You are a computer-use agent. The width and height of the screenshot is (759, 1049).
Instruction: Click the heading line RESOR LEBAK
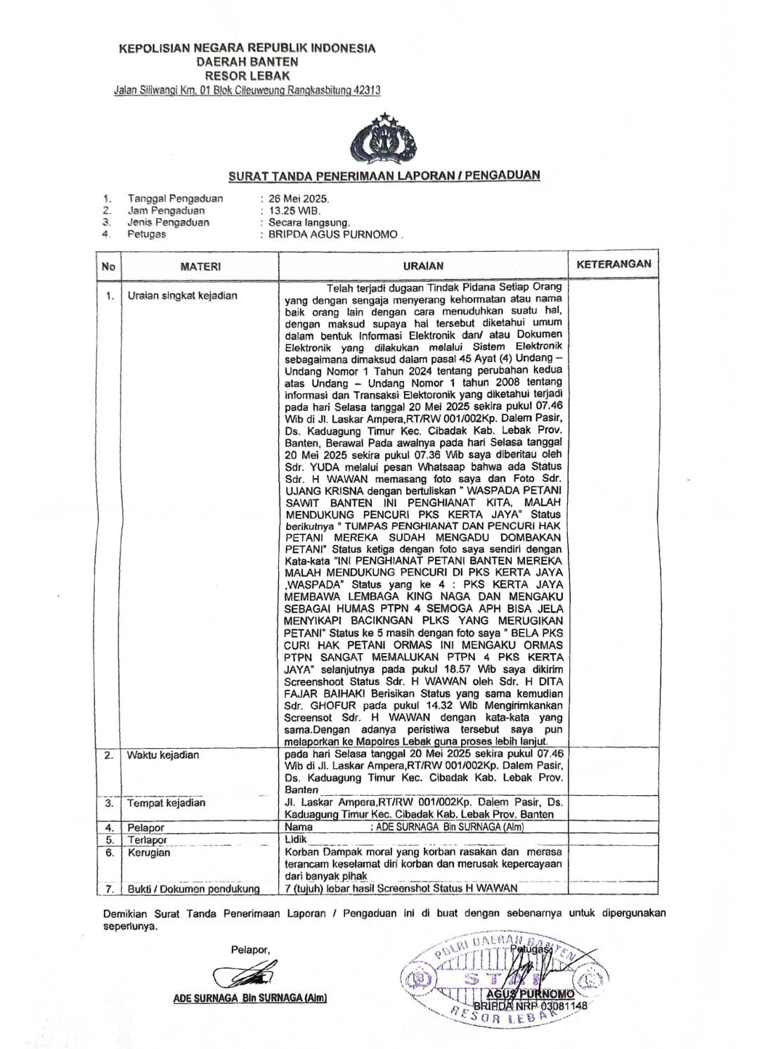click(247, 75)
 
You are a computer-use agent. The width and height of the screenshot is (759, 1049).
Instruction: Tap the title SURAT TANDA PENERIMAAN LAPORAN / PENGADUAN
click(384, 175)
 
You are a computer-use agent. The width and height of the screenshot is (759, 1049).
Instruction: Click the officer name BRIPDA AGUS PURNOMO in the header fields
click(333, 234)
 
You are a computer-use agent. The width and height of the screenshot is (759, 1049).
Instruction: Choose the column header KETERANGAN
click(614, 264)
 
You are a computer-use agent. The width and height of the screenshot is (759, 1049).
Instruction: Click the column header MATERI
click(200, 266)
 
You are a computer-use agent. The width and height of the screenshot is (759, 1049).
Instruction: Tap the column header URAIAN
click(423, 266)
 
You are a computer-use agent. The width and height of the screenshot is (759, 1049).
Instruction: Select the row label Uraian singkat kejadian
click(182, 295)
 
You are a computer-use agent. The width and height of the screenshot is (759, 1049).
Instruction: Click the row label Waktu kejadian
click(163, 755)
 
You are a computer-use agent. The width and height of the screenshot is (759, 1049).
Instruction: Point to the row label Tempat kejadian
click(166, 802)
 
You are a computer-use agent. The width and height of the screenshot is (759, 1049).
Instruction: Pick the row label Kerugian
click(148, 852)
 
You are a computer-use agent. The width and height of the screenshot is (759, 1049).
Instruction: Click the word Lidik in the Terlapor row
click(296, 839)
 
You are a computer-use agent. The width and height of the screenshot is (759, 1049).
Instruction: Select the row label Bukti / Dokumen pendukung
click(193, 889)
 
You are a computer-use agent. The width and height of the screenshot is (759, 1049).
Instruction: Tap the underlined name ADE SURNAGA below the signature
click(249, 998)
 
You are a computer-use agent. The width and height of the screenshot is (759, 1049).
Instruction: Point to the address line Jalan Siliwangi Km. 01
click(247, 90)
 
